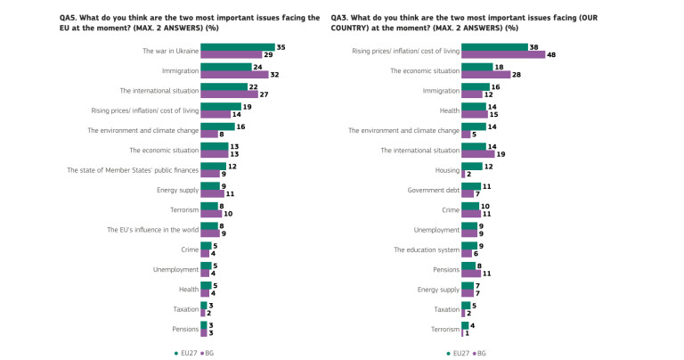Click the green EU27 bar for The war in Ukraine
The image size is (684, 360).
tap(237, 47)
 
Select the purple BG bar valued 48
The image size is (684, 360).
tap(502, 55)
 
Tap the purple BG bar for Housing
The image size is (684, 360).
tap(463, 174)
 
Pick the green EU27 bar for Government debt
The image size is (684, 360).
tap(470, 186)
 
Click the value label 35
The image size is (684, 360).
tap(281, 47)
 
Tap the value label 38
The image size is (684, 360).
tap(533, 47)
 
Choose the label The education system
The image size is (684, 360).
tap(426, 250)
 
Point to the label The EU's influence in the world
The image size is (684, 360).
tap(151, 230)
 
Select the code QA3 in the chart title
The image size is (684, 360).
tap(340, 17)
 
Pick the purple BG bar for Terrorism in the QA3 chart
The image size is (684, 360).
tap(462, 332)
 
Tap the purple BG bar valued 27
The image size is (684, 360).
tap(229, 94)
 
